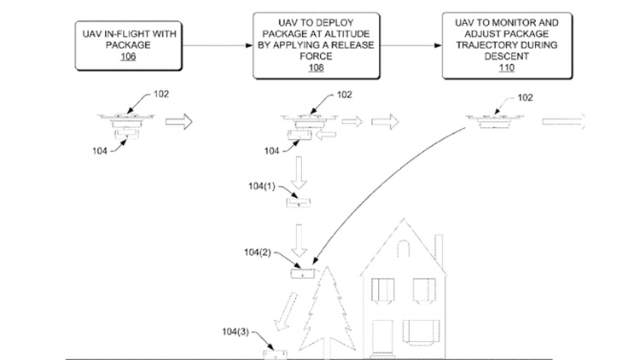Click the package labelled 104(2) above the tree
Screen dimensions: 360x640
(x=303, y=273)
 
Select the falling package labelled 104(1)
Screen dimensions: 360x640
(x=300, y=200)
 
